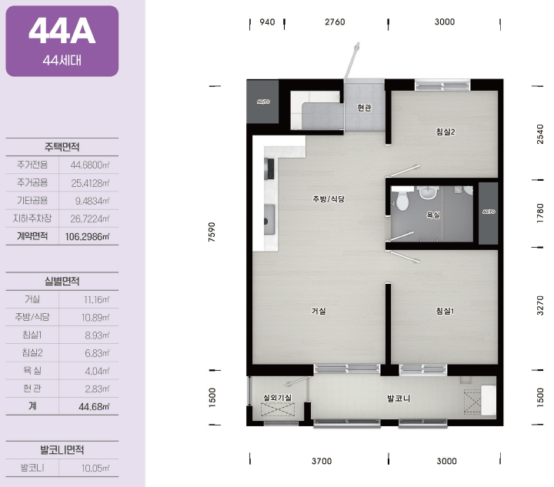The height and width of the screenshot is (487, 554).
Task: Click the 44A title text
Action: [62, 31]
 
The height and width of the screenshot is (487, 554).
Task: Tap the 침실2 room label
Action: [446, 132]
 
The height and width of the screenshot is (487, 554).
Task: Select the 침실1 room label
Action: [445, 311]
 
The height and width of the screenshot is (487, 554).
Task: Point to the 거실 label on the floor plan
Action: [319, 311]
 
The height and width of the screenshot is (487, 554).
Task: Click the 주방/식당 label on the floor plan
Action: [329, 198]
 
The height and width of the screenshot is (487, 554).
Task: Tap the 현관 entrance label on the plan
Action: [364, 108]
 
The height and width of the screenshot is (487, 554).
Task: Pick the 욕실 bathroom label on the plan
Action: [433, 215]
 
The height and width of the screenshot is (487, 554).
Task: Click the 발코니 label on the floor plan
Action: [399, 399]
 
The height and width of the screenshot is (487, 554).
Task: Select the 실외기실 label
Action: [277, 397]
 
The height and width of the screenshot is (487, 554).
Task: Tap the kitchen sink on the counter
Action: [269, 219]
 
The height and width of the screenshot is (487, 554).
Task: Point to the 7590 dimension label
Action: [212, 232]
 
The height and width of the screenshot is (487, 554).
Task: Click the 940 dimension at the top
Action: [267, 22]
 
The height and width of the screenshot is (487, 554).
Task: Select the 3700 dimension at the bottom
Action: [322, 461]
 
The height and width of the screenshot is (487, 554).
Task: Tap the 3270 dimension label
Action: [540, 305]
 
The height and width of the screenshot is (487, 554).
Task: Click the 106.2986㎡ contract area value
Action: [87, 237]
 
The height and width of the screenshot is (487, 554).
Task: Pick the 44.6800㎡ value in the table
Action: [90, 165]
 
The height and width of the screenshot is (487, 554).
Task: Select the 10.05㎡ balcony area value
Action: [95, 469]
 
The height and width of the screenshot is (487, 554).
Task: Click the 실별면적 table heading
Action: [62, 281]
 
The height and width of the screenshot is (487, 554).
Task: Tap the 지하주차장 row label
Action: [32, 218]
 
